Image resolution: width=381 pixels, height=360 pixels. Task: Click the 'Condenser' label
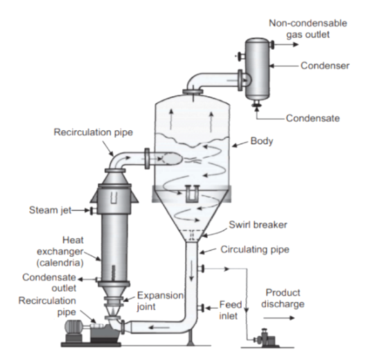coord(325,66)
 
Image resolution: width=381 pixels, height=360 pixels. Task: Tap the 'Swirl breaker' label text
coord(258,225)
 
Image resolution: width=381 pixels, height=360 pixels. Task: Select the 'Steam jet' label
coord(50,210)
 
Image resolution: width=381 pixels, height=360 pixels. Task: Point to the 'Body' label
coord(262,141)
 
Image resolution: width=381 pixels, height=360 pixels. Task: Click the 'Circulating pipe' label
coord(255,249)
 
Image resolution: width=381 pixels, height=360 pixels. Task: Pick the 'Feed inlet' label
coord(231,310)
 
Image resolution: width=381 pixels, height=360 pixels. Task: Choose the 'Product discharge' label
coord(283,298)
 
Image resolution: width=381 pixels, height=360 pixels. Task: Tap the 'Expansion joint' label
coord(160,301)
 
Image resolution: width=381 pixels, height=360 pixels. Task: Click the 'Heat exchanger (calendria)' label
coord(60,251)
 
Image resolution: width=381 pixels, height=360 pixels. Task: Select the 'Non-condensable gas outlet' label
coord(308,29)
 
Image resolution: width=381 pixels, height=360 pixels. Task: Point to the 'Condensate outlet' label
coord(49,282)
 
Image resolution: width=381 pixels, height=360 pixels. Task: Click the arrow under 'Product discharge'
coord(279,318)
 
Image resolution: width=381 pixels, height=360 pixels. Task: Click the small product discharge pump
coord(265,338)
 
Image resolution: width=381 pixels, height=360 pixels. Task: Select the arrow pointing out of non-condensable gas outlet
coord(286,44)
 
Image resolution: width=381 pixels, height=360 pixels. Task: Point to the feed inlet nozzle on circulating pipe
coord(201,308)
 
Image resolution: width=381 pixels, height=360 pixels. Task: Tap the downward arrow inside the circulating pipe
coord(192,271)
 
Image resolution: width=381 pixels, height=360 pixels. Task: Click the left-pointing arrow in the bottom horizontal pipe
coord(159,327)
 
